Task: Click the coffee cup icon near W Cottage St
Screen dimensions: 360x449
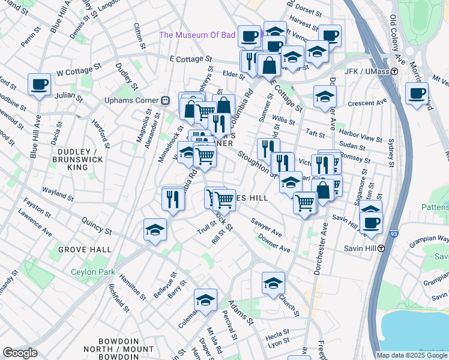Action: [x=40, y=85]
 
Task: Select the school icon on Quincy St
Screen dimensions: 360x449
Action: [x=155, y=230]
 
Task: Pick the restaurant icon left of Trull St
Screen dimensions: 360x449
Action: [x=173, y=199]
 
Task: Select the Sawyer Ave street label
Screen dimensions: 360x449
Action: [x=267, y=227]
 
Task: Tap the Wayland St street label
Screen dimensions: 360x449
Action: [x=57, y=196]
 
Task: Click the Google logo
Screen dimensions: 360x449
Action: [x=20, y=353]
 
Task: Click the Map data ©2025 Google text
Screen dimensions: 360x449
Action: [x=412, y=355]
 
